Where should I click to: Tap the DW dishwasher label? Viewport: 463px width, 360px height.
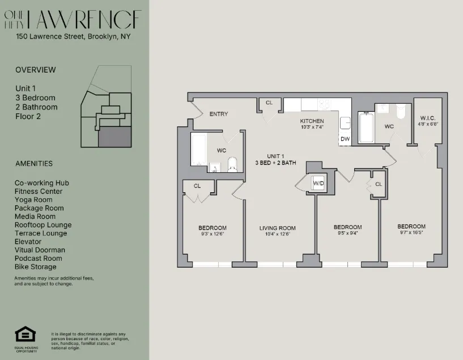tap(345, 139)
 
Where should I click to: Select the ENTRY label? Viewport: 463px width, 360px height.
tap(219, 114)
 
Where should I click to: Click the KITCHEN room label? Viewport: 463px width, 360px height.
tap(312, 121)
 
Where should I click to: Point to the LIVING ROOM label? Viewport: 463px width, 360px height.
tap(278, 228)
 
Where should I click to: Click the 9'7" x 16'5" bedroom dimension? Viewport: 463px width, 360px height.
tap(411, 232)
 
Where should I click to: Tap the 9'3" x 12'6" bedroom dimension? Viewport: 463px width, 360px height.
tap(213, 234)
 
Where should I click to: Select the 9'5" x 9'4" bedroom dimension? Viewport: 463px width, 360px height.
tap(347, 232)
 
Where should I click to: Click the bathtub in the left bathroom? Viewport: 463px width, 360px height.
tap(199, 150)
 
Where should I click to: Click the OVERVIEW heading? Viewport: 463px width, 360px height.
tap(35, 70)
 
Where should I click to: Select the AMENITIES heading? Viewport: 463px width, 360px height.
tap(33, 163)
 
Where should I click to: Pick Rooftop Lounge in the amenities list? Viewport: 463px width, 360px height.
tap(43, 225)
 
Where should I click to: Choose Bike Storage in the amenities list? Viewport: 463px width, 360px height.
tap(35, 266)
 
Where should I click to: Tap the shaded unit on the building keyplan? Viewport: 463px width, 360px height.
tap(114, 137)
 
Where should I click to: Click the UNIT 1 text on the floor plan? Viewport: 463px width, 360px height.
tap(275, 156)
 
